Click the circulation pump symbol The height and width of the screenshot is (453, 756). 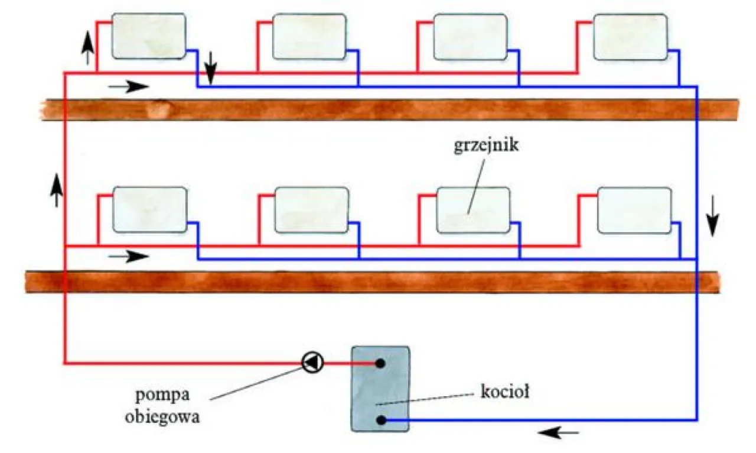coord(312,362)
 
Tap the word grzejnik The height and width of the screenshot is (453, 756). coord(486,145)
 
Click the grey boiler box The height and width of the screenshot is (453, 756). coord(380,389)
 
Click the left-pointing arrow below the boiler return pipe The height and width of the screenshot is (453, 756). coord(558,433)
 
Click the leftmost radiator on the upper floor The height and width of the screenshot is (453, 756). coord(149,37)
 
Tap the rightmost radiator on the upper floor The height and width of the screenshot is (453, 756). coord(630,37)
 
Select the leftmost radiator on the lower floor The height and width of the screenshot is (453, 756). coord(150,209)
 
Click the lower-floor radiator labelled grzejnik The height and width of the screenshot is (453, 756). coord(472,210)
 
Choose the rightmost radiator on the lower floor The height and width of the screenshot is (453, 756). coord(634,210)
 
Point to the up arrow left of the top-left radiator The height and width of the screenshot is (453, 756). coord(87,47)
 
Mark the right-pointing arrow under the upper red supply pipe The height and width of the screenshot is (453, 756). coord(128,86)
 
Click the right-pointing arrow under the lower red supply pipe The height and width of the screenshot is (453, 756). coord(128,257)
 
